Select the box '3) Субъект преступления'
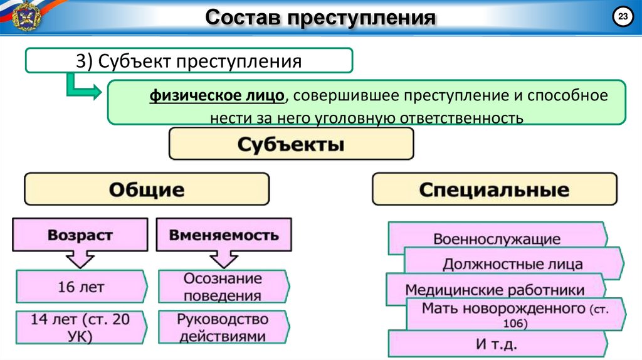(189, 61)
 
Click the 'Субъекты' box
(291, 144)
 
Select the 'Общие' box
(147, 189)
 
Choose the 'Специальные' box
(495, 189)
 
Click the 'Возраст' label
(80, 235)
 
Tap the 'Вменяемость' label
(224, 235)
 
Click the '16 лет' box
(82, 287)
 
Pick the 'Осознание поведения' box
(223, 287)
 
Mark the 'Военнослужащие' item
(497, 239)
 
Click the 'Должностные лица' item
(513, 264)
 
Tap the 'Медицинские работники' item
(495, 290)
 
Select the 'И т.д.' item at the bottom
(497, 344)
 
